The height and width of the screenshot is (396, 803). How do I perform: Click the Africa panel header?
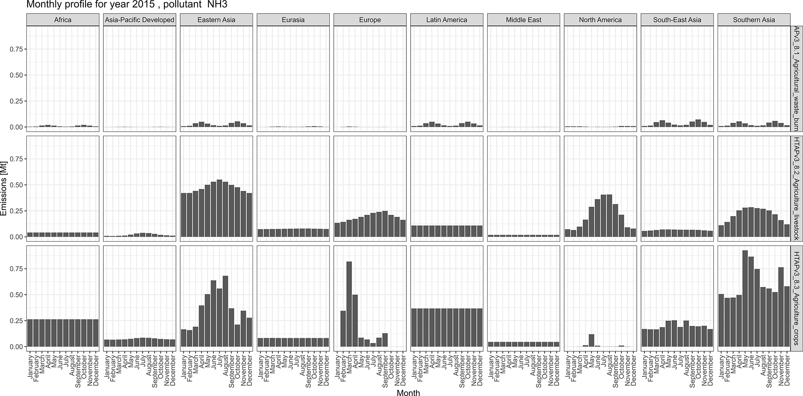click(x=63, y=20)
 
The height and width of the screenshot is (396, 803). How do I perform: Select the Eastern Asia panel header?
click(x=216, y=20)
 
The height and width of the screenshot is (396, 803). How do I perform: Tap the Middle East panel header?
click(x=523, y=20)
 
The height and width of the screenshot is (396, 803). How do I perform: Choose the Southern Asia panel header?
click(x=754, y=20)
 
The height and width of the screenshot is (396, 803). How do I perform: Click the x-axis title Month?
click(x=408, y=393)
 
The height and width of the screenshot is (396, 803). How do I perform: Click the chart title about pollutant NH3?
click(x=127, y=5)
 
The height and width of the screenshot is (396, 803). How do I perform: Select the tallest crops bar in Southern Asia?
click(x=745, y=298)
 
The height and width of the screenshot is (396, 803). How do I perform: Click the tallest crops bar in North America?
click(x=592, y=340)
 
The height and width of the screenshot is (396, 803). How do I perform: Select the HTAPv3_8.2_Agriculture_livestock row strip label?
click(x=796, y=189)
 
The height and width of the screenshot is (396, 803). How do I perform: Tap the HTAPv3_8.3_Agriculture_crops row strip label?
click(x=796, y=298)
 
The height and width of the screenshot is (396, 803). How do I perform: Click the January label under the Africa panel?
click(x=30, y=365)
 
